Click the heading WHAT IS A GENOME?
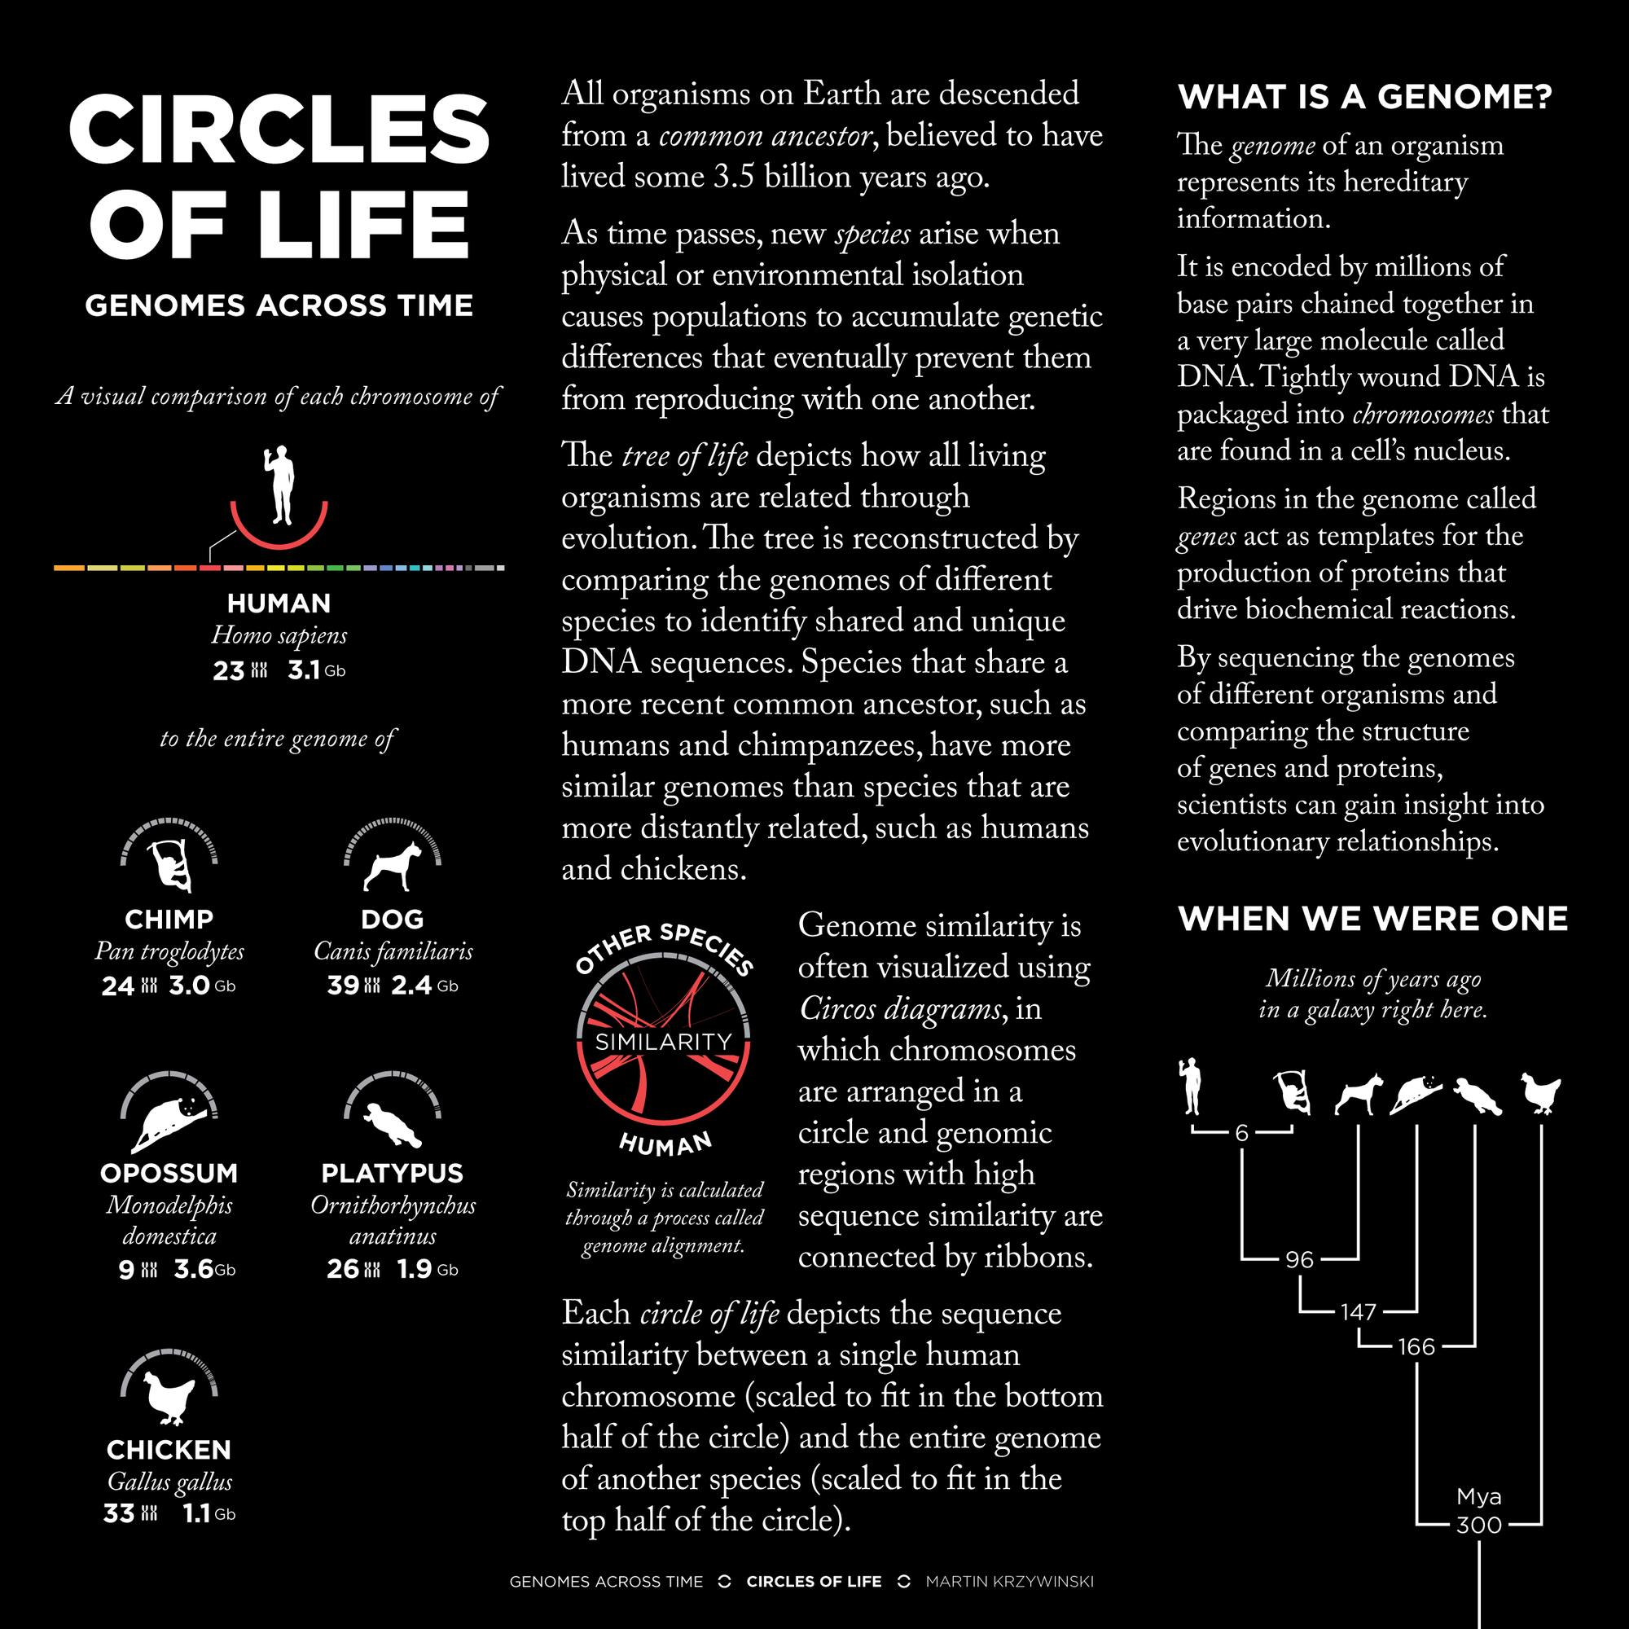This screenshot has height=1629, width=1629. coord(1364,97)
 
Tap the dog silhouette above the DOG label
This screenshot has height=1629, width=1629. coord(393,867)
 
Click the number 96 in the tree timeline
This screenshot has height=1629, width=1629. coord(1299,1260)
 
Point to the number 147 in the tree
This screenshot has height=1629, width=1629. coord(1359,1312)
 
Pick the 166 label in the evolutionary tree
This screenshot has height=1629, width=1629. coord(1416,1346)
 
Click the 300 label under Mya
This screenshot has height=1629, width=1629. coord(1479,1525)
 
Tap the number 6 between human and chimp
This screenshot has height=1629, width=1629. coord(1241,1132)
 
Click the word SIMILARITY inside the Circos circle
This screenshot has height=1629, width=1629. coord(664,1043)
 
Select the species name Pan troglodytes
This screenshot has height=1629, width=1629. coord(169,951)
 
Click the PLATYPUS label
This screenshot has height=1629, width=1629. coord(393,1173)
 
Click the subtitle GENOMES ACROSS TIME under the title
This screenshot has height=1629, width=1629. coord(279,305)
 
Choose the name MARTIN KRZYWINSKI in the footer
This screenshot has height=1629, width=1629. coord(1009,1582)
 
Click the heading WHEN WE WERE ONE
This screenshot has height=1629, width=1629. coord(1372,918)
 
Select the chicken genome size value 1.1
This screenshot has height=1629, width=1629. coord(195,1513)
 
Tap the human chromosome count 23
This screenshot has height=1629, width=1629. coord(229,670)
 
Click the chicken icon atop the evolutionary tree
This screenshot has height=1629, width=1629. coord(1540,1093)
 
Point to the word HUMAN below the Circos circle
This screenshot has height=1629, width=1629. coord(665,1144)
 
